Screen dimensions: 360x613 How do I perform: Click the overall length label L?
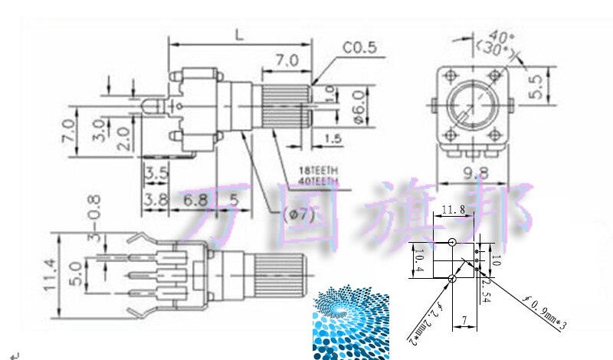(x=240, y=34)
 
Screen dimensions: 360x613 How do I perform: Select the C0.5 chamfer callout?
(x=359, y=47)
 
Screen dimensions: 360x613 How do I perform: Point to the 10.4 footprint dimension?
(x=418, y=264)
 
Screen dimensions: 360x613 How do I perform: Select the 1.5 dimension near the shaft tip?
(x=333, y=138)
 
